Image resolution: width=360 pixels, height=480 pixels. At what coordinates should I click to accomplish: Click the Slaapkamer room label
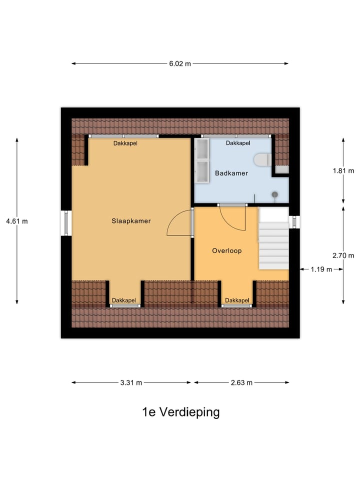click(x=131, y=220)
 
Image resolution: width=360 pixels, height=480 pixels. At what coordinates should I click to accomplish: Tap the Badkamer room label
click(x=231, y=173)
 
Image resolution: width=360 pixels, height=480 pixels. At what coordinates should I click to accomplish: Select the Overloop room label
click(x=226, y=250)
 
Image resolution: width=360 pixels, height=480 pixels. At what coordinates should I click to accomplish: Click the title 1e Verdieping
click(x=180, y=412)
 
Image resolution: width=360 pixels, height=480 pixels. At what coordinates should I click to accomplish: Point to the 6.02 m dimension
click(x=180, y=63)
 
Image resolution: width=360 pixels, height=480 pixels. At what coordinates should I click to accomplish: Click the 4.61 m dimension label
click(x=16, y=221)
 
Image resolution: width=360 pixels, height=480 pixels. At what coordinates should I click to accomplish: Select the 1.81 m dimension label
click(x=343, y=170)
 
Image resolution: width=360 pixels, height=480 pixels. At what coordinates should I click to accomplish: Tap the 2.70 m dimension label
click(x=343, y=255)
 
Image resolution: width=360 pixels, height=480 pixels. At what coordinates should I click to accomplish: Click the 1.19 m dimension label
click(x=321, y=269)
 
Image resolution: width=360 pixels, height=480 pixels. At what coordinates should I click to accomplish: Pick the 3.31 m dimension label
click(x=131, y=382)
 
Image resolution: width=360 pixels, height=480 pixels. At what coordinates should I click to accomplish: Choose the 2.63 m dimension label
click(x=241, y=382)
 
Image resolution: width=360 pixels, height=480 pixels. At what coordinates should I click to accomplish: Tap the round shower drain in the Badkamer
click(x=274, y=194)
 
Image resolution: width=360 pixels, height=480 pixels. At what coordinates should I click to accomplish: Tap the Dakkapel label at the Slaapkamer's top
click(x=125, y=143)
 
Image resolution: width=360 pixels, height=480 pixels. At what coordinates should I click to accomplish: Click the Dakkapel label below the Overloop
click(x=237, y=300)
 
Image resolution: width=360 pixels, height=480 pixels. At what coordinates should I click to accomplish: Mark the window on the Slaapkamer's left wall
click(x=65, y=222)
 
